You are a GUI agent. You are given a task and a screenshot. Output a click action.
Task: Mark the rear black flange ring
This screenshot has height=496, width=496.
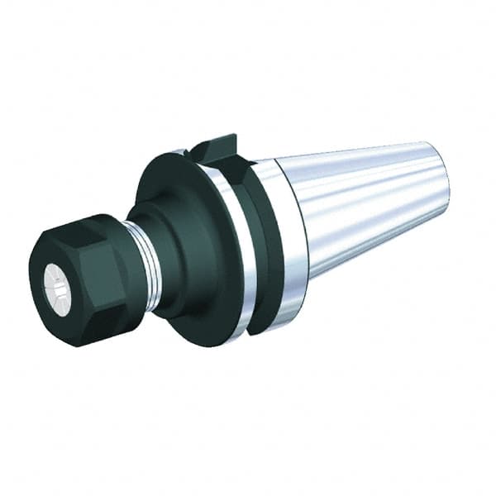(269, 248)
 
